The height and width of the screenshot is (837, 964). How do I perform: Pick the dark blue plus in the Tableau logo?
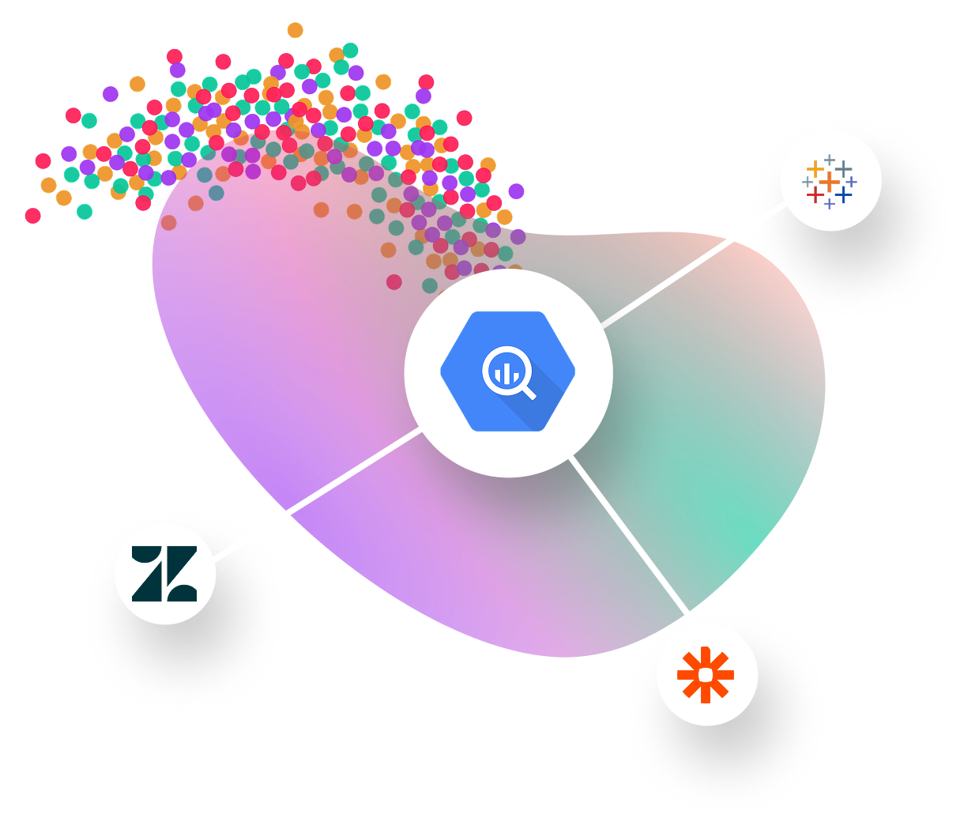[844, 194]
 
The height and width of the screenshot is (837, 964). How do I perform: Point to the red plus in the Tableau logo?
[814, 194]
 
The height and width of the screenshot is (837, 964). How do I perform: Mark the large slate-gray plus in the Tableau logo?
[844, 168]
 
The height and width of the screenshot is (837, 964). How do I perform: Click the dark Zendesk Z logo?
[164, 573]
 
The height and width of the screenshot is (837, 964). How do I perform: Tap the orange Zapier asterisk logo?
[706, 675]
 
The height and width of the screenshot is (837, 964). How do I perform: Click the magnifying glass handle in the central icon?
[527, 390]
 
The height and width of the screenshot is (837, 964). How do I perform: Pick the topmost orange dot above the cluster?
[295, 30]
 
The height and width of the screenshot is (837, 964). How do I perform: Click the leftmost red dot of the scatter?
[32, 215]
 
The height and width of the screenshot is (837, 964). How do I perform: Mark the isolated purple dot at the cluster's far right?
[516, 190]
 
